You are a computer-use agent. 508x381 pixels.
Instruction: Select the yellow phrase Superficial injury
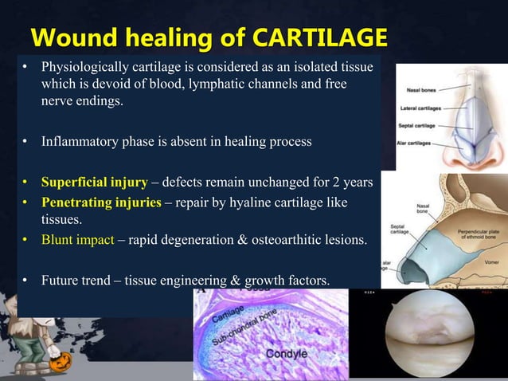94,183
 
